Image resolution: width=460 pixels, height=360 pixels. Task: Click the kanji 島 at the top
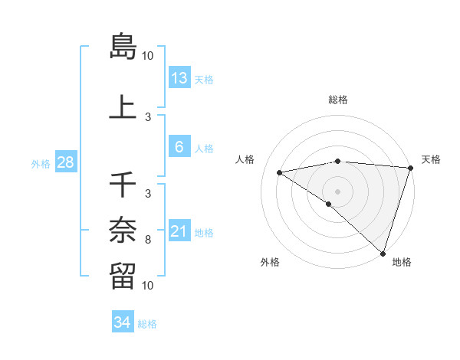click(123, 46)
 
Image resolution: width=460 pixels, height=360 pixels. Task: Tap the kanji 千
click(123, 185)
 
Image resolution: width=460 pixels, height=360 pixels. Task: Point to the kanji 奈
click(123, 228)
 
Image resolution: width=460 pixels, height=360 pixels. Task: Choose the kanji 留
click(123, 274)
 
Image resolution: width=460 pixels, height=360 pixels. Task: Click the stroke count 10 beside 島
click(148, 56)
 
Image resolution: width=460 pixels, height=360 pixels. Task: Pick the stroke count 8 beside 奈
click(148, 240)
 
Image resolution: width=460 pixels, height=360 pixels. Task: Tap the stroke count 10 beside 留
click(148, 286)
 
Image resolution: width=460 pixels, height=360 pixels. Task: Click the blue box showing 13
click(179, 78)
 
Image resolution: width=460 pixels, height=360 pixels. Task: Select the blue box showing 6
click(179, 147)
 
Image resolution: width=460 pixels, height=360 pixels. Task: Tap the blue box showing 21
click(179, 231)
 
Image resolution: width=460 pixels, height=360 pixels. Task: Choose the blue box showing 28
click(64, 162)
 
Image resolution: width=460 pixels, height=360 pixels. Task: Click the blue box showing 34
click(122, 322)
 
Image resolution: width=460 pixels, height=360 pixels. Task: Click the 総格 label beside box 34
click(147, 324)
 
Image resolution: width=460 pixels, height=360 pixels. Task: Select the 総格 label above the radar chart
click(338, 100)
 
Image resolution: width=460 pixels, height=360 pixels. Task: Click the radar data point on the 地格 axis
click(383, 254)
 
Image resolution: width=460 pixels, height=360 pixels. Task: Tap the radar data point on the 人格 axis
click(280, 172)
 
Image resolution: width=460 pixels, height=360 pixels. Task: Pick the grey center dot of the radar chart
click(337, 191)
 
